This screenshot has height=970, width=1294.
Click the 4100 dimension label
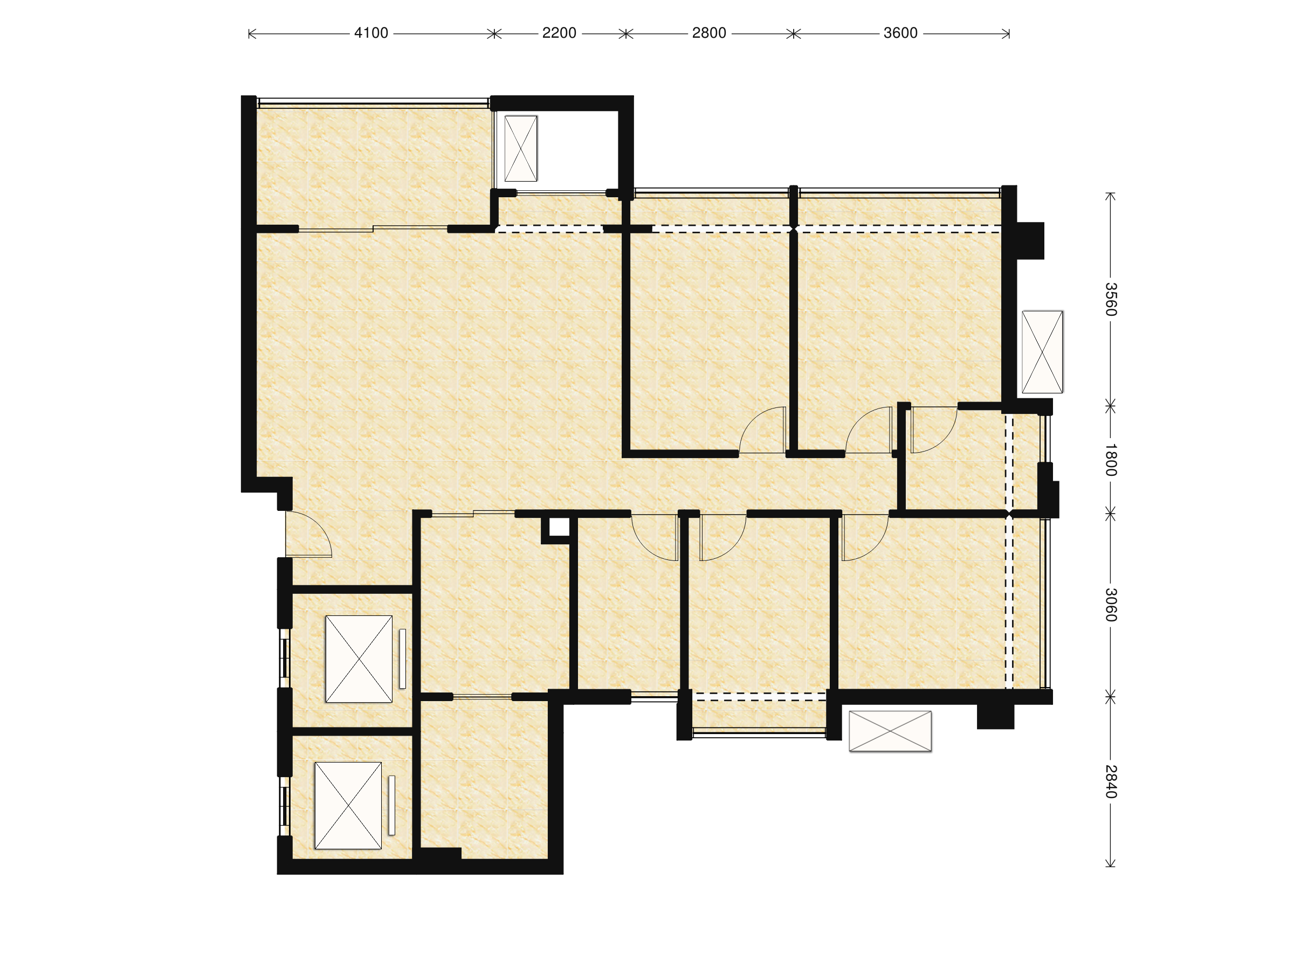tap(371, 33)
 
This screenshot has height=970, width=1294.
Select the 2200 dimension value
tap(559, 33)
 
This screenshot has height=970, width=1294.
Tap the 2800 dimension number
tap(709, 33)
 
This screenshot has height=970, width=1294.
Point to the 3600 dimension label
tap(900, 33)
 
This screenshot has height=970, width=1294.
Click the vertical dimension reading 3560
tap(1110, 300)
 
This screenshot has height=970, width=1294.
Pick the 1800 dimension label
tap(1110, 460)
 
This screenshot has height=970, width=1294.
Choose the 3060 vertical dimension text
tap(1110, 605)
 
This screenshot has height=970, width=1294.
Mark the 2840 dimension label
tap(1110, 782)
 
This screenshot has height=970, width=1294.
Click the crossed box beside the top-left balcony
tap(521, 149)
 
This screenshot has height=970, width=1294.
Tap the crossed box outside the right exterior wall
tap(1042, 352)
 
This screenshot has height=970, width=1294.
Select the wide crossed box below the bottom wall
tap(890, 731)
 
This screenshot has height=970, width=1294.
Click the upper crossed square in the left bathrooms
tap(359, 659)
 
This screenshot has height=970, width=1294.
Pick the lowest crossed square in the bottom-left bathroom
tap(348, 805)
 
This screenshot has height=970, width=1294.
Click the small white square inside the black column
tap(559, 527)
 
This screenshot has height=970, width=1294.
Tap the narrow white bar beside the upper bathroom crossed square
tap(402, 659)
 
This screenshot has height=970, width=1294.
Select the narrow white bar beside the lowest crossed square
tap(391, 805)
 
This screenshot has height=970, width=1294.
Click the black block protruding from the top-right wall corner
tap(1030, 240)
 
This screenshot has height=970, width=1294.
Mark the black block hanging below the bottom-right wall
tap(995, 716)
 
